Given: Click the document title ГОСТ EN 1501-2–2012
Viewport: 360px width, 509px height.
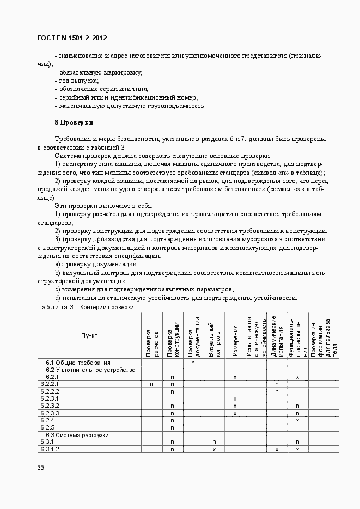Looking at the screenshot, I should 72,38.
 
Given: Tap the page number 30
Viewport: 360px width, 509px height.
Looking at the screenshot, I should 40,468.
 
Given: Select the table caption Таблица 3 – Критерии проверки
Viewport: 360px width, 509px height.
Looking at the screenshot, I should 85,307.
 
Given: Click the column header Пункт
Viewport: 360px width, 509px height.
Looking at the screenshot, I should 89,335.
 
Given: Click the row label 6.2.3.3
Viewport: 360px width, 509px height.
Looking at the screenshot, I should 50,413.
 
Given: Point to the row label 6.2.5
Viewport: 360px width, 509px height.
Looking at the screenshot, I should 47,427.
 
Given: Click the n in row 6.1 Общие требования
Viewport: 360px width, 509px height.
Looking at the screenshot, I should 193,363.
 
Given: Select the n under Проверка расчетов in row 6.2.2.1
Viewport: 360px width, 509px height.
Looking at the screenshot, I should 151,384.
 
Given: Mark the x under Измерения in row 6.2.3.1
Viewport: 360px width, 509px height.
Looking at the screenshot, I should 235,399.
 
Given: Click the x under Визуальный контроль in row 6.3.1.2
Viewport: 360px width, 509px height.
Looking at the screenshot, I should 214,449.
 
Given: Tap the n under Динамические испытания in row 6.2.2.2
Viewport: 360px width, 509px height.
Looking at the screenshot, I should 277,391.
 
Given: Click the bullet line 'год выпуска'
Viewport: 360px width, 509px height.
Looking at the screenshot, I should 77,81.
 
